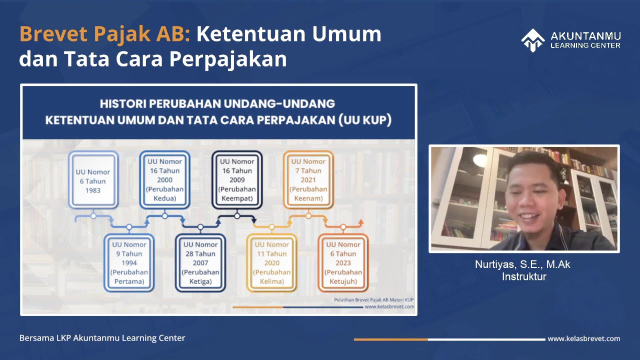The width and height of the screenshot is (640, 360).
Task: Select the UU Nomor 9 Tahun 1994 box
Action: [129, 262]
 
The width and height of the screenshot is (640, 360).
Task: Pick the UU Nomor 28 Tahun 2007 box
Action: [200, 262]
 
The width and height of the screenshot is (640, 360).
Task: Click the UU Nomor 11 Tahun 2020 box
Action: [271, 262]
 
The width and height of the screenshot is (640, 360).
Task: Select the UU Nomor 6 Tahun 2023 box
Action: [343, 262]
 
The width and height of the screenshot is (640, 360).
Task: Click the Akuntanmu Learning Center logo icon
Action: [532, 40]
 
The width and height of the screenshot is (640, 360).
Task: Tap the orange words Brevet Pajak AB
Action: [104, 34]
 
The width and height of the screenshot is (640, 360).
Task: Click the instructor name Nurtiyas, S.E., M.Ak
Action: [522, 264]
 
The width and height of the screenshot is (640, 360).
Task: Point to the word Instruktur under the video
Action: [524, 276]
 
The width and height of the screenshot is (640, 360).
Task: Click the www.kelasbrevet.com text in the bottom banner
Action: [583, 338]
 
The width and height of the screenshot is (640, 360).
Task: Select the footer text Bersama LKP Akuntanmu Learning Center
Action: [102, 338]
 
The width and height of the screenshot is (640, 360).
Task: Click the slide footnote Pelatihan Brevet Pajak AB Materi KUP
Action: [374, 300]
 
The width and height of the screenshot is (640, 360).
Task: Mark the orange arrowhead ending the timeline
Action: [361, 221]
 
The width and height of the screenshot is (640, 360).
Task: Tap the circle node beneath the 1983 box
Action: [93, 216]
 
